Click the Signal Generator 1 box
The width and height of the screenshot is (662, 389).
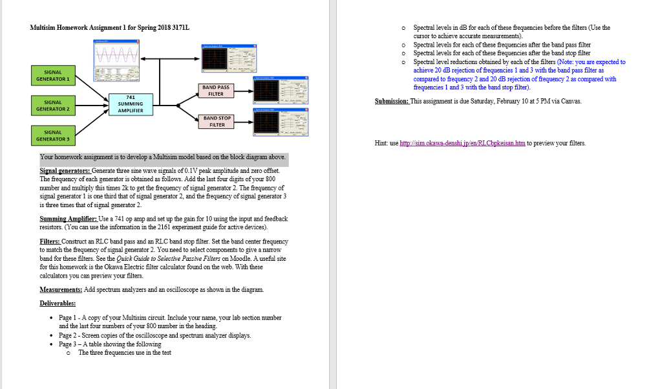[53, 75]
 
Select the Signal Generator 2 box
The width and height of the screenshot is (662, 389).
[53, 105]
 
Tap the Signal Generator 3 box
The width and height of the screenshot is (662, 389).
[53, 135]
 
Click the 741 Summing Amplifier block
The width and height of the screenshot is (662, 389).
[130, 104]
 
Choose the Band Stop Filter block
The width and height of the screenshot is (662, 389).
[216, 121]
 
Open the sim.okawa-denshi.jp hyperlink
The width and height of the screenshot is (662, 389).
[463, 143]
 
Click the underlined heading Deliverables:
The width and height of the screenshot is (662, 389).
[58, 303]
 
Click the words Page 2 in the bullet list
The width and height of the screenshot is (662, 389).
[67, 335]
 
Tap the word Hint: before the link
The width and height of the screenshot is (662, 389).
[382, 143]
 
